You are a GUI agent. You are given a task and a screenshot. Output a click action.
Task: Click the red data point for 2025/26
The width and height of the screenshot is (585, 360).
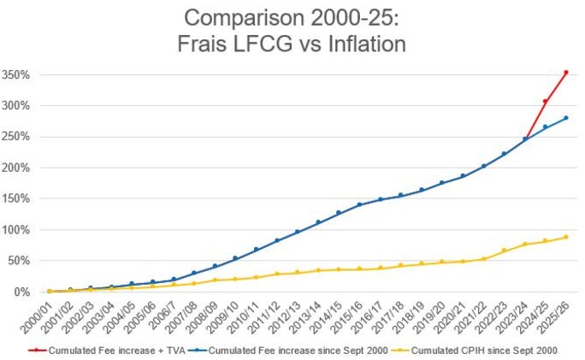[565, 73]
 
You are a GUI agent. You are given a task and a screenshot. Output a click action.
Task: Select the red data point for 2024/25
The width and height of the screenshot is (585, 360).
[545, 101]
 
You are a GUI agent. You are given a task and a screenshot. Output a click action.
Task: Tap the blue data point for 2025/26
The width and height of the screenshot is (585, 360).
[565, 118]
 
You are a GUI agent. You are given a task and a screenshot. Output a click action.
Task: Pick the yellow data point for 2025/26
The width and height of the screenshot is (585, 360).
[565, 237]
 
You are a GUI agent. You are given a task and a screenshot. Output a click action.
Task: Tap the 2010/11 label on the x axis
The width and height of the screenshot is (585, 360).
[247, 317]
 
